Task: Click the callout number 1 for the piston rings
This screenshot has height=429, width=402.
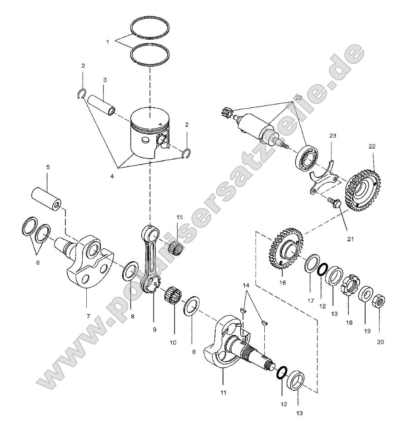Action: tap(107, 41)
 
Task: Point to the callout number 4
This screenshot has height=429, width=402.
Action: tap(112, 173)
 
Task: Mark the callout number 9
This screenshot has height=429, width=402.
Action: tap(154, 329)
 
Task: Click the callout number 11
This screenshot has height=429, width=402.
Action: tap(223, 391)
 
